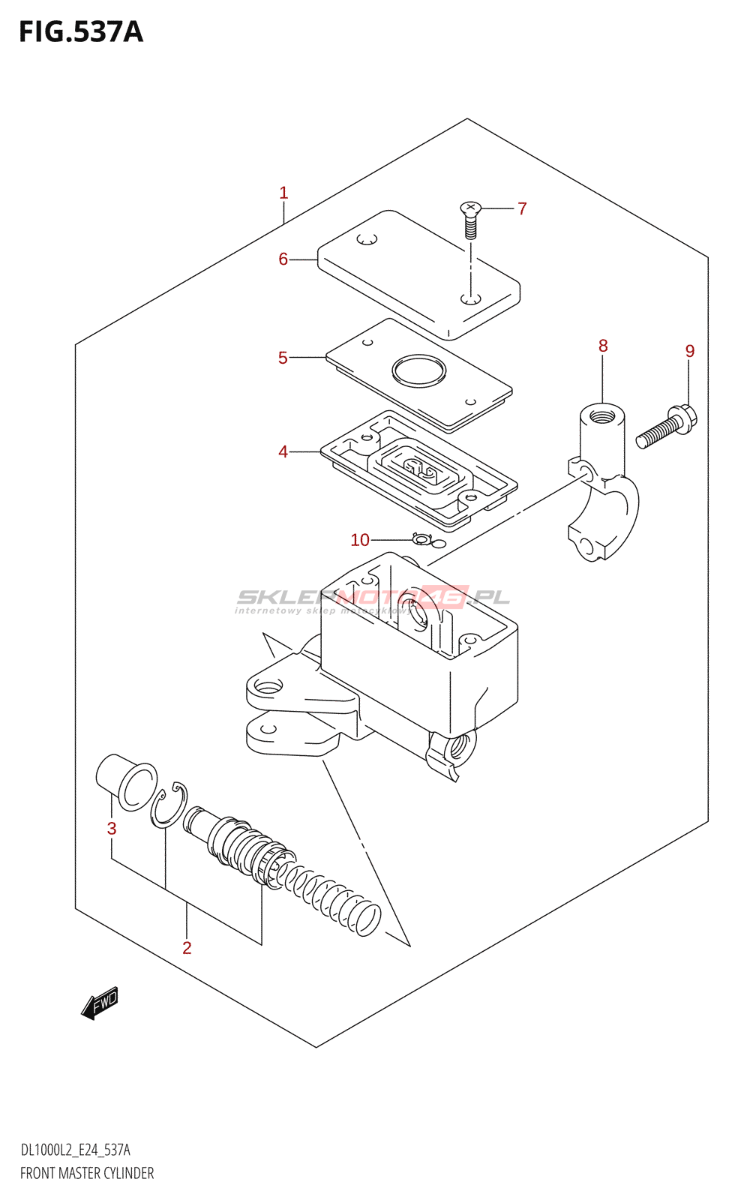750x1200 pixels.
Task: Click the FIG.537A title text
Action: [x=80, y=32]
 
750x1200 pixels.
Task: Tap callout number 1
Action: [x=283, y=193]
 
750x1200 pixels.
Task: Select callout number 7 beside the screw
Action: [x=522, y=208]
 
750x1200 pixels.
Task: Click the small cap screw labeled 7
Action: [x=470, y=219]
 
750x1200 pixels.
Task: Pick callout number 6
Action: [x=283, y=259]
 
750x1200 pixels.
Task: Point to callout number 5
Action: [x=283, y=358]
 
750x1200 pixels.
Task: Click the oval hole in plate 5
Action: [x=418, y=370]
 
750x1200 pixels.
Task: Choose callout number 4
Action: [x=283, y=451]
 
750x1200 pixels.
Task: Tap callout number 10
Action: [x=360, y=540]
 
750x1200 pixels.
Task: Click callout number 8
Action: [x=603, y=346]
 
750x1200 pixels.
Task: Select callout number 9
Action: [x=690, y=351]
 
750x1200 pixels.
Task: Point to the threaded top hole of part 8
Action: [x=601, y=414]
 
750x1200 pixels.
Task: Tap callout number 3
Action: [x=112, y=829]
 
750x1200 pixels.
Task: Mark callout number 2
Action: [x=187, y=948]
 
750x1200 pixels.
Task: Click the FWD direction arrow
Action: [x=100, y=1002]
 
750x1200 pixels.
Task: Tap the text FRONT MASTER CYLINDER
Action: [x=87, y=1173]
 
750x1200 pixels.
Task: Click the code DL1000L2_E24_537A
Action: [x=75, y=1150]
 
